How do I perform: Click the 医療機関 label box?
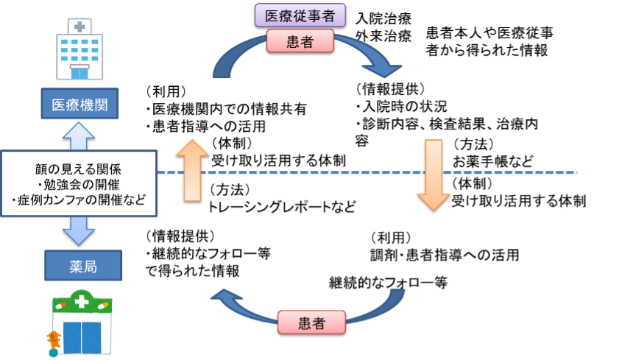79,105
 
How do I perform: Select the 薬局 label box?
83,266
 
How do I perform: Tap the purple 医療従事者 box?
300,15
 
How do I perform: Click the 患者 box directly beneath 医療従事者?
300,42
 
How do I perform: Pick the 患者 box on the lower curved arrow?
312,322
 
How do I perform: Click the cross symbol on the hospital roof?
79,27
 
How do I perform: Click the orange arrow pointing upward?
193,169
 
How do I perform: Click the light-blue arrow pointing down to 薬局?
79,231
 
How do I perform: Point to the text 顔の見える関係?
79,169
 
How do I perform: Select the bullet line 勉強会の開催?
79,184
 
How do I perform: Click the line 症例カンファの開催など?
79,200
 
